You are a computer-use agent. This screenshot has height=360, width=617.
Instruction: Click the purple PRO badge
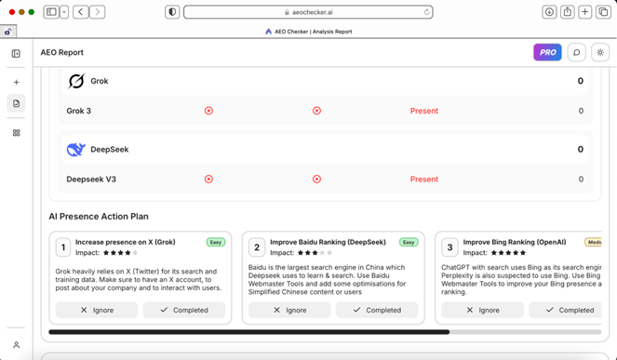[547, 52]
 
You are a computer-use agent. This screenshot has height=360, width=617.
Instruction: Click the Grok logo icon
[76, 81]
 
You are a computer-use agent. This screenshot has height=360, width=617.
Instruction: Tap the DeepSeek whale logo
[76, 150]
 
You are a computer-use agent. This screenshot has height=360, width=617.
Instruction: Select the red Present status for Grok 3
[423, 111]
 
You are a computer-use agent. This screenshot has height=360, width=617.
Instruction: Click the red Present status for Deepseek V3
[423, 180]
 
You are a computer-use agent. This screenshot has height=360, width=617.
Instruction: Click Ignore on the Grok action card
[97, 310]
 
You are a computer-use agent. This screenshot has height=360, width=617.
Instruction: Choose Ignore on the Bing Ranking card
[482, 310]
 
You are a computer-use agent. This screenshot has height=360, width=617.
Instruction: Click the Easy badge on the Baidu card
[409, 242]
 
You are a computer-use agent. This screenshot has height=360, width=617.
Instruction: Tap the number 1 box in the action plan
[63, 247]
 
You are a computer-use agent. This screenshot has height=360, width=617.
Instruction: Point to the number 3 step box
[449, 247]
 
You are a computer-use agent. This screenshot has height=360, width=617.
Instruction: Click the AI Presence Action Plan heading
[99, 217]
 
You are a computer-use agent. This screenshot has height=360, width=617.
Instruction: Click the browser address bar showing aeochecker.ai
[308, 12]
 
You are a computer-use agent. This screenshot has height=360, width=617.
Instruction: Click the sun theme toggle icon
[600, 52]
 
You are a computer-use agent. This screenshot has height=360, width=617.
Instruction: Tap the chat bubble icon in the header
[576, 52]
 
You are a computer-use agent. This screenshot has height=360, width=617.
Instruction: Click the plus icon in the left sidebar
[16, 82]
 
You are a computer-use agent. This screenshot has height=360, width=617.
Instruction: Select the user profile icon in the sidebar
[16, 345]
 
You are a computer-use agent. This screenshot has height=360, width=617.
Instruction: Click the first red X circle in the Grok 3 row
[208, 111]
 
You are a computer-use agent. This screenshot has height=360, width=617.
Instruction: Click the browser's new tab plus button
[584, 12]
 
